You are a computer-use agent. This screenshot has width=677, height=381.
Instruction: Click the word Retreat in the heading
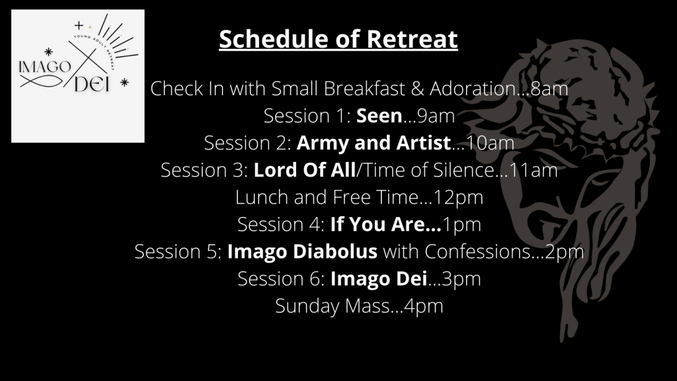pos(412,39)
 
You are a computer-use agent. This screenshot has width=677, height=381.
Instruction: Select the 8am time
pos(549,89)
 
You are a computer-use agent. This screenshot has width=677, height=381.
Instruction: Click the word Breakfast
pos(364,89)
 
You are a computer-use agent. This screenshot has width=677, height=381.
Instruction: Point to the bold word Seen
pos(379,116)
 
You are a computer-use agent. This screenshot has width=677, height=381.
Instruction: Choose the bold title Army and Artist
pos(374,144)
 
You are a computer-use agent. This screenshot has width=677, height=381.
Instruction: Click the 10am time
pos(490,144)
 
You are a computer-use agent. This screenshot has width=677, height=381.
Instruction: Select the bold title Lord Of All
pos(304,170)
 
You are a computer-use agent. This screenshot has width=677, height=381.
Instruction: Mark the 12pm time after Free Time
pos(458,198)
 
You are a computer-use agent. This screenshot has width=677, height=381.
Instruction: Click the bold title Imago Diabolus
pos(302,252)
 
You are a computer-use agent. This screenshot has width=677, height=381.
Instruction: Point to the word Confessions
pos(477,252)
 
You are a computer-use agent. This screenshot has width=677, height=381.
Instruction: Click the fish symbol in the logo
pos(42,81)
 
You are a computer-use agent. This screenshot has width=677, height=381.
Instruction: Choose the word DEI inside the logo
pos(92,84)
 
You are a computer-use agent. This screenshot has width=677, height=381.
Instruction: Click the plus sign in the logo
pos(79,26)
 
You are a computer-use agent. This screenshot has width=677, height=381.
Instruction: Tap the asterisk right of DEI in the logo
pos(124,82)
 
